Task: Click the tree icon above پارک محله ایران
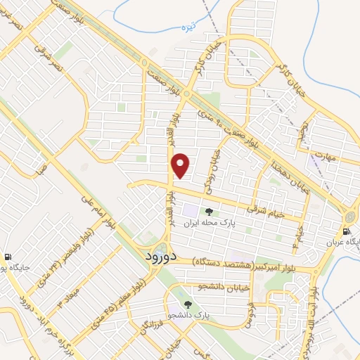208,211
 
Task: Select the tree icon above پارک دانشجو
188,304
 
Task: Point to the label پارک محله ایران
207,224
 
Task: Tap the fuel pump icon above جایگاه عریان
346,231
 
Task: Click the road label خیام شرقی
265,209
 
